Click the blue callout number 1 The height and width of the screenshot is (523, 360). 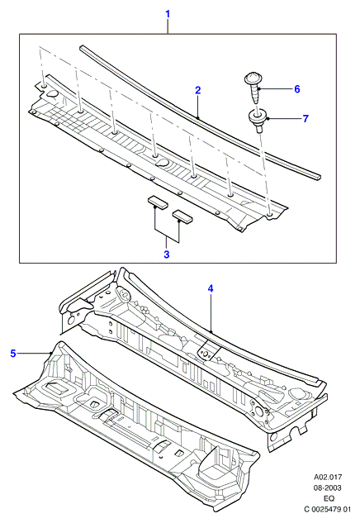(x=168, y=14)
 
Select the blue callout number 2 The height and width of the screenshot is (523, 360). (x=197, y=90)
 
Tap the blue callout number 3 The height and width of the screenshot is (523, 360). (x=167, y=254)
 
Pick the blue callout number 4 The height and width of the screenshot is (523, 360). (x=211, y=288)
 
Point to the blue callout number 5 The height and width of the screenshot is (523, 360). (x=13, y=354)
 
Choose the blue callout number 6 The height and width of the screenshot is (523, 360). (x=296, y=89)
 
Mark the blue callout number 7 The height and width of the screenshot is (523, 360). (x=306, y=118)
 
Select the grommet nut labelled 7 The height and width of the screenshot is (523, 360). (x=258, y=121)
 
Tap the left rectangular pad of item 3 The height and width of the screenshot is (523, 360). (x=159, y=201)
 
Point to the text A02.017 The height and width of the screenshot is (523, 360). (x=327, y=478)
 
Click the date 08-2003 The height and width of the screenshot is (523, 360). (x=327, y=488)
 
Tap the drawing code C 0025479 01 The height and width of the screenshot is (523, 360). (x=327, y=509)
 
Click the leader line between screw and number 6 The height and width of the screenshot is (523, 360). (x=274, y=88)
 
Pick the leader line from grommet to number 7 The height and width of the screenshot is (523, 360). (x=283, y=118)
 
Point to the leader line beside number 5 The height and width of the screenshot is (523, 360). (x=34, y=354)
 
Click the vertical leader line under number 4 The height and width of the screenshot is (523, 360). (x=211, y=313)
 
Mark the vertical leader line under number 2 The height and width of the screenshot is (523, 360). (x=197, y=107)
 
